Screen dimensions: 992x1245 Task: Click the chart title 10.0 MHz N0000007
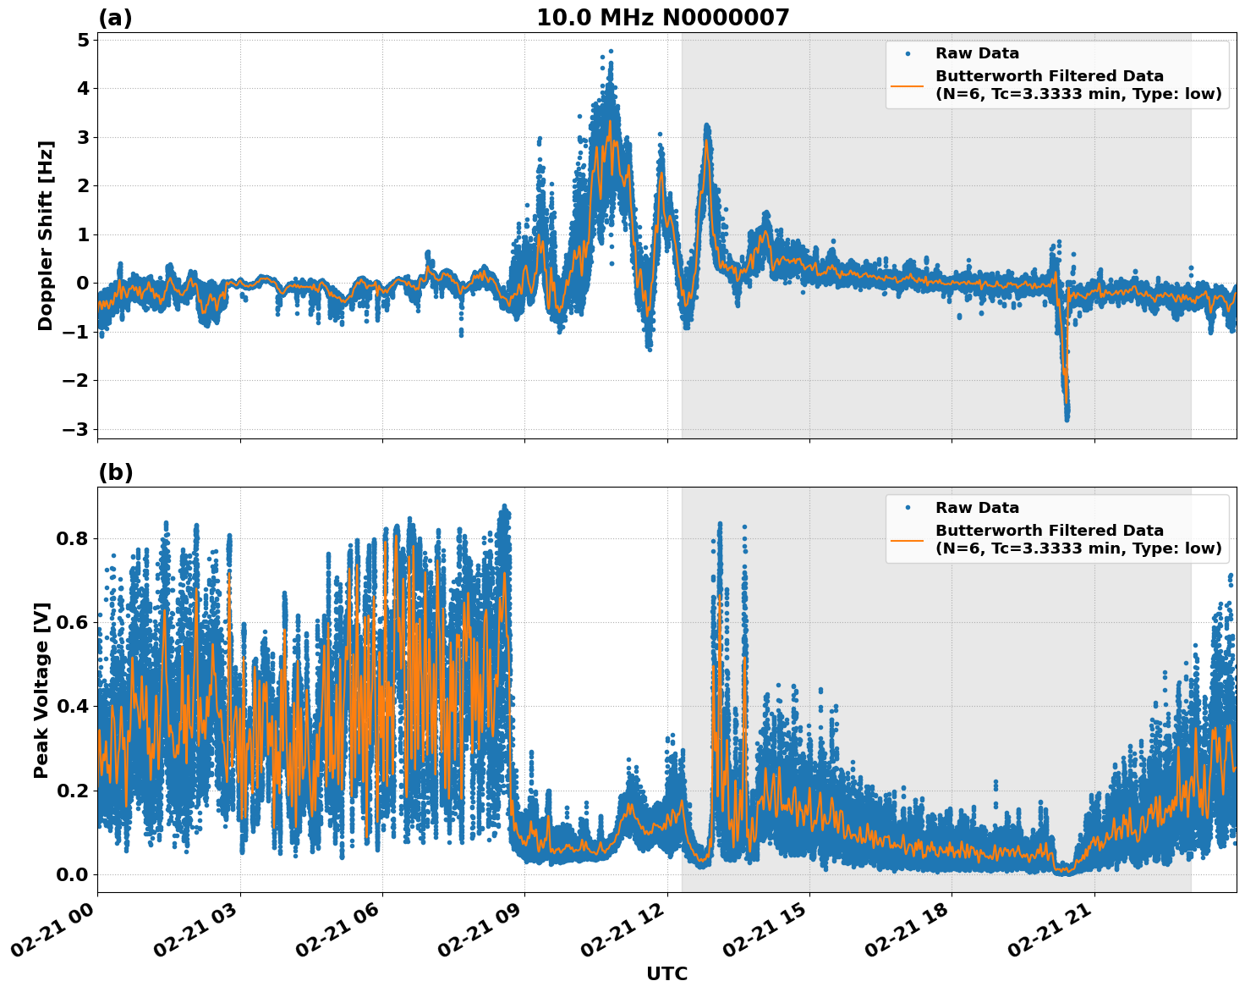(662, 18)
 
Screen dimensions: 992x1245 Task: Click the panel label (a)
(115, 18)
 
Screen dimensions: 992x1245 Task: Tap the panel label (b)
(115, 472)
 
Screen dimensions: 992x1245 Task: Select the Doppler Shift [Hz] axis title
(46, 235)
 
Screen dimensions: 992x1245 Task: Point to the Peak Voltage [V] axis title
(42, 690)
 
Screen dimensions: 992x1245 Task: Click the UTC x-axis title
(666, 973)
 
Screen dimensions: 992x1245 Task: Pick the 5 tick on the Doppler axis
(83, 40)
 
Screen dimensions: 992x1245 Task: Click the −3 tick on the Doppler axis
(76, 429)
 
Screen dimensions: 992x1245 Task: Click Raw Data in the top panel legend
(977, 53)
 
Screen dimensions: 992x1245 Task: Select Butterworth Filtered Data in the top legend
(1049, 76)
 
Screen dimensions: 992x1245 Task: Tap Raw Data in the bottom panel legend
(977, 508)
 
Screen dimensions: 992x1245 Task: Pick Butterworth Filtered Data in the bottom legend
(1049, 531)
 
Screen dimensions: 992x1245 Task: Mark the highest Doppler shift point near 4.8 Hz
(611, 51)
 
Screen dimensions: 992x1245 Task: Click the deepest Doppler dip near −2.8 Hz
(1067, 418)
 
